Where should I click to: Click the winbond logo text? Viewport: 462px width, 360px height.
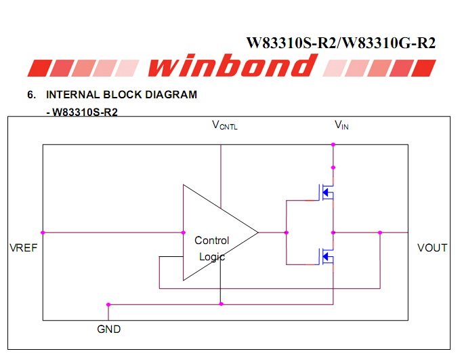point(230,66)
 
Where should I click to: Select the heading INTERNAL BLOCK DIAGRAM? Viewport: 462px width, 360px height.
point(121,95)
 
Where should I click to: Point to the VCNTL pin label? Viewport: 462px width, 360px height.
point(225,125)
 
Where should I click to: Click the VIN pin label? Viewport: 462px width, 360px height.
point(341,125)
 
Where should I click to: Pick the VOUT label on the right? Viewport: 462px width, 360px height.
point(432,248)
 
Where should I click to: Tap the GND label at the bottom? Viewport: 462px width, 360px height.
point(109,329)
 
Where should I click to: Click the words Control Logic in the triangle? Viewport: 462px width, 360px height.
point(212,248)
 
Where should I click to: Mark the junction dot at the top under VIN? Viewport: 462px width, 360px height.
point(333,144)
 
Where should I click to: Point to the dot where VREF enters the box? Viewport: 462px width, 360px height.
point(43,233)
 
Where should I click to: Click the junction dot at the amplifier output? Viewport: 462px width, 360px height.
point(286,233)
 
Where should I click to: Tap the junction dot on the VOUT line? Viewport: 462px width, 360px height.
point(381,233)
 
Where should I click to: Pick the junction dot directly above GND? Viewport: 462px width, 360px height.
point(108,304)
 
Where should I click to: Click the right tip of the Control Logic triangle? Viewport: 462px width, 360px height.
point(257,233)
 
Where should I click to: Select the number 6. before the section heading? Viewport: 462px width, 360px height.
point(31,95)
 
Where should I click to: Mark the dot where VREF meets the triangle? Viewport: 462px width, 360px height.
point(184,233)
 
